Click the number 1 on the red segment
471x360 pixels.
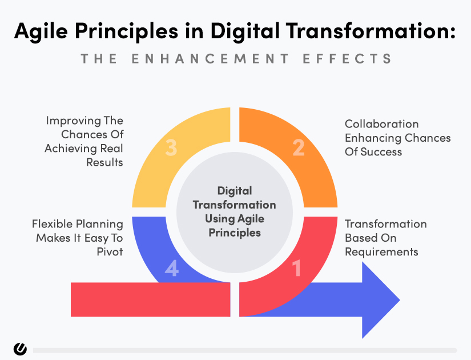point(296,268)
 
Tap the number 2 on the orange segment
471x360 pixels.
point(299,147)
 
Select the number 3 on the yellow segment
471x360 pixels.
point(171,147)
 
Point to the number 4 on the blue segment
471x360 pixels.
point(171,268)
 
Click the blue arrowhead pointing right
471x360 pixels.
point(381,300)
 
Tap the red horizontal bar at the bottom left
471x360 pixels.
point(151,299)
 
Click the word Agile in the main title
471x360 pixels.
point(41,31)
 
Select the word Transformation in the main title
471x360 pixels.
point(371,31)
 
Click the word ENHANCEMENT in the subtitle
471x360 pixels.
point(210,58)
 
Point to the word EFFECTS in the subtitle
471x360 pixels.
point(347,58)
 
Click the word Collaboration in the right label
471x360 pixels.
point(381,124)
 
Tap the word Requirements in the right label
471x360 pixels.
point(381,252)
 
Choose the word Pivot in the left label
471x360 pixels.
point(110,252)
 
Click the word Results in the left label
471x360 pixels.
point(104,162)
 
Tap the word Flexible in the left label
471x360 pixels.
point(53,224)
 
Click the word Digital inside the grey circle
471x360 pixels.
point(235,191)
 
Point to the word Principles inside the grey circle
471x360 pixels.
point(235,233)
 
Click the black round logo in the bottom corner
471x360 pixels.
point(20,349)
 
